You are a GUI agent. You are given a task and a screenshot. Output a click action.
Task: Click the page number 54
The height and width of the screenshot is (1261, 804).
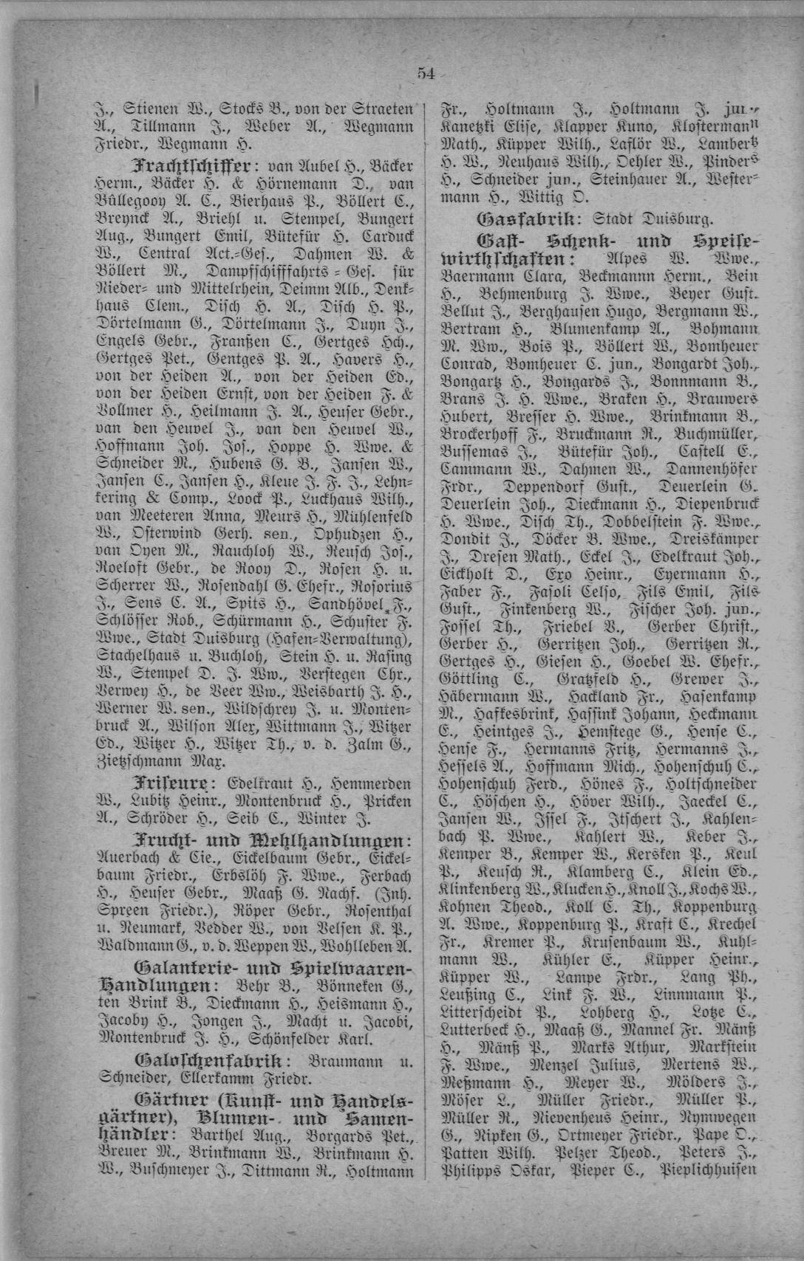[426, 72]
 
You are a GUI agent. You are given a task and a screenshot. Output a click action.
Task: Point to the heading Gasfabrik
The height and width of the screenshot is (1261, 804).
[526, 219]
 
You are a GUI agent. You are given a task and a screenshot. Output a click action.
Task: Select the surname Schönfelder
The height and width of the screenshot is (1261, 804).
[293, 1039]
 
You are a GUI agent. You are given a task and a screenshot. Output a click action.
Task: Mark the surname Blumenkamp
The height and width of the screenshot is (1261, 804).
[601, 329]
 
